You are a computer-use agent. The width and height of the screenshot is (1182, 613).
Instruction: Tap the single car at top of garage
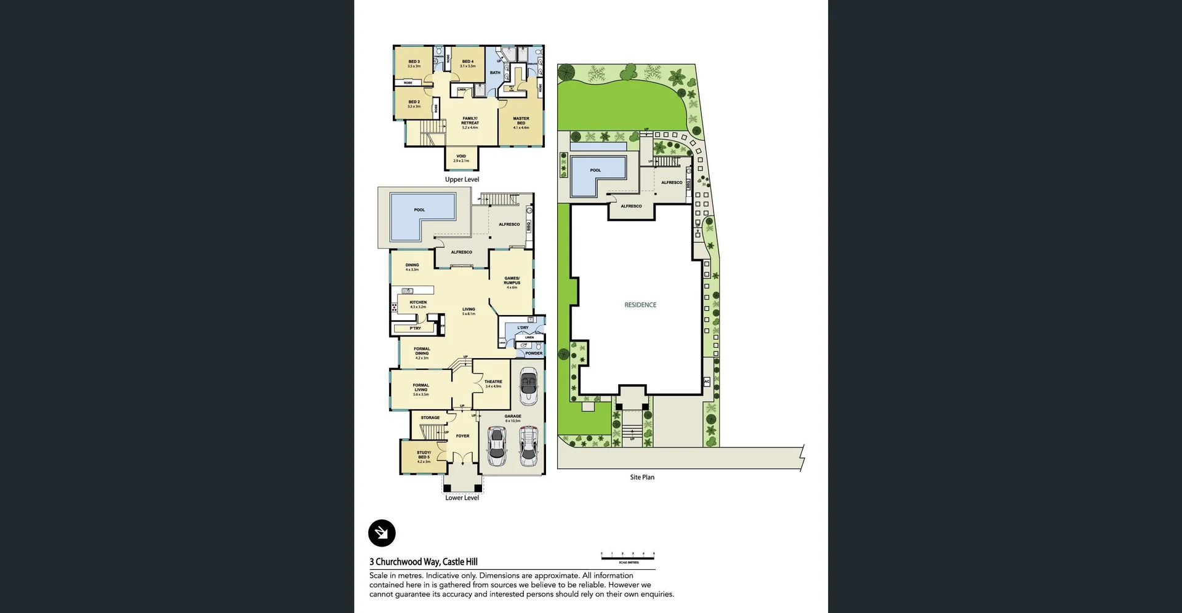click(528, 386)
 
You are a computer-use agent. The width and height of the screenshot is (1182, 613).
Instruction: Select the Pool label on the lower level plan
click(419, 210)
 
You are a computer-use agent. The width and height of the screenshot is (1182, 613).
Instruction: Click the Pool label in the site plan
click(595, 170)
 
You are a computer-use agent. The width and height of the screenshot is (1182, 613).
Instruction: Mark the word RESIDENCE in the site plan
click(640, 305)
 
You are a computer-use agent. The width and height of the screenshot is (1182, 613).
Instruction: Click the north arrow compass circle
click(382, 533)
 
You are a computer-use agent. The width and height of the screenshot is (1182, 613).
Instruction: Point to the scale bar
click(628, 556)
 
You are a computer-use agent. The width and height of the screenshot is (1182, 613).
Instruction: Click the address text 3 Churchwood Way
click(424, 561)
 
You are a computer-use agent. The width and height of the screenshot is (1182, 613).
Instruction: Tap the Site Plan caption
click(642, 477)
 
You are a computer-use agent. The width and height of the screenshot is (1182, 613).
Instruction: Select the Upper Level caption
click(462, 179)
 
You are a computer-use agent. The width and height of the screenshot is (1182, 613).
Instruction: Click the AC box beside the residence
click(707, 382)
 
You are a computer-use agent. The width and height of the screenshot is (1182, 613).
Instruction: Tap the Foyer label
click(462, 436)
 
